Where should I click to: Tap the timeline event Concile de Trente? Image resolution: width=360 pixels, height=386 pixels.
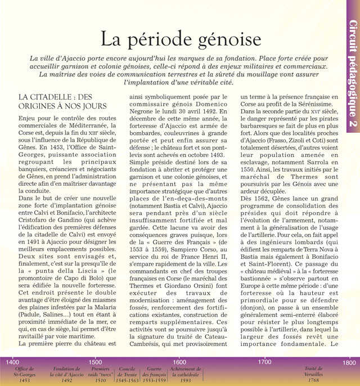pos(128,374)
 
